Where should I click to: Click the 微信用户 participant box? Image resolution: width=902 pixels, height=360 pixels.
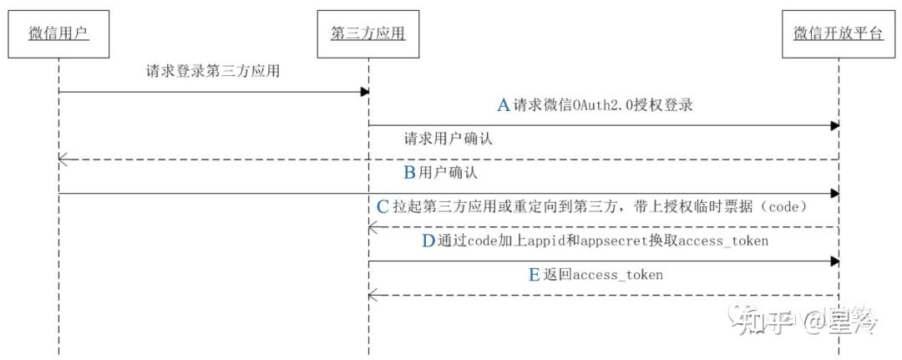pos(58,33)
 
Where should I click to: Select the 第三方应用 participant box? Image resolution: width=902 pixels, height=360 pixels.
pos(368,33)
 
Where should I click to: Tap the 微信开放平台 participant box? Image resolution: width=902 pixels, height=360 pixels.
pos(838,33)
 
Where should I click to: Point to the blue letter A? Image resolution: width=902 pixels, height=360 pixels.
pos(504,105)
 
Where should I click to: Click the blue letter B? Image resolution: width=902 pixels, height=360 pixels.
pos(409,173)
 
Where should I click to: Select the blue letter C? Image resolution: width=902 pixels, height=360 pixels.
pos(383,206)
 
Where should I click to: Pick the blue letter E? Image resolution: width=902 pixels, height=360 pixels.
pos(535,274)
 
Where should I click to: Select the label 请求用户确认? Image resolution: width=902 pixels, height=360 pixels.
pos(448,139)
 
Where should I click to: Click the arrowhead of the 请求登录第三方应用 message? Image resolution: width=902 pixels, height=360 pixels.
pos(365,92)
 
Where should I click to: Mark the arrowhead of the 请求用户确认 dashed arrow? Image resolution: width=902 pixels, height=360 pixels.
pos(63,160)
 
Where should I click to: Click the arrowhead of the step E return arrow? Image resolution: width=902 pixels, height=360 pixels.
pos(373,294)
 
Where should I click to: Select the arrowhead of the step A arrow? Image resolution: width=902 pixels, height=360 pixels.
pos(834,125)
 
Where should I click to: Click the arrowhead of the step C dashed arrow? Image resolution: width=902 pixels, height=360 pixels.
pos(373,226)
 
